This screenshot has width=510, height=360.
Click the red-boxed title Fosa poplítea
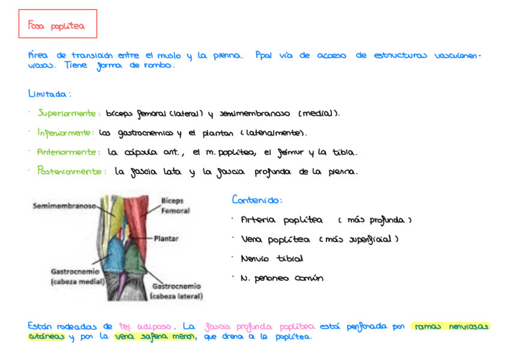[x=57, y=25]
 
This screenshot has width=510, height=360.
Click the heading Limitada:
[x=49, y=94]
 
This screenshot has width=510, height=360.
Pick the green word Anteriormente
[x=67, y=152]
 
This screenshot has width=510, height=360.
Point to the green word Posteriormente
[x=69, y=171]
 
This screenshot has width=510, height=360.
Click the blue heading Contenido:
[x=257, y=200]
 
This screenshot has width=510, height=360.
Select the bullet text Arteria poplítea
[x=281, y=220]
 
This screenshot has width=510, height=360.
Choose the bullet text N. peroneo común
[x=281, y=278]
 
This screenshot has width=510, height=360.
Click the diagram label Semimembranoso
[x=64, y=206]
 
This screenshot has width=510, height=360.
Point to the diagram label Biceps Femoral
[x=175, y=206]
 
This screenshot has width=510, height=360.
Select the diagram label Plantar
[x=166, y=239]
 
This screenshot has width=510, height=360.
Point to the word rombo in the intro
[x=159, y=66]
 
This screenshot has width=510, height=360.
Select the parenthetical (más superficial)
[x=360, y=239]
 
